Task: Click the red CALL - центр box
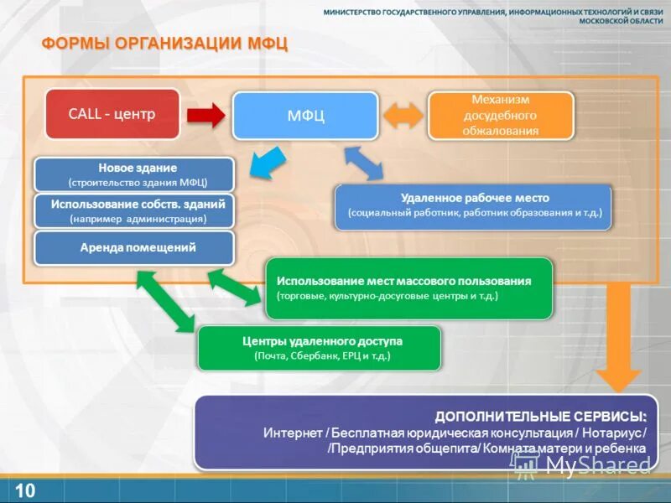[x=112, y=114]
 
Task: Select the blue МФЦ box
[x=304, y=116]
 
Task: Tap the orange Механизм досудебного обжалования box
[x=501, y=116]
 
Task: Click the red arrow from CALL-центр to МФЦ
[x=205, y=114]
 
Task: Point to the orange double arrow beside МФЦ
[x=403, y=114]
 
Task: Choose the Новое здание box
[x=134, y=174]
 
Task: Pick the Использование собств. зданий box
[x=134, y=210]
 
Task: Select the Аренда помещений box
[x=134, y=248]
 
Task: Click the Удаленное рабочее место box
[x=474, y=205]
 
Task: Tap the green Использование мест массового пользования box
[x=408, y=288]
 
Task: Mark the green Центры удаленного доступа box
[x=319, y=348]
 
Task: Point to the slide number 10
[x=25, y=490]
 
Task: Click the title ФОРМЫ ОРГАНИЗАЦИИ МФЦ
[x=165, y=44]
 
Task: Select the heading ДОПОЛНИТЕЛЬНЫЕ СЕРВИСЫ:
[x=541, y=417]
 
